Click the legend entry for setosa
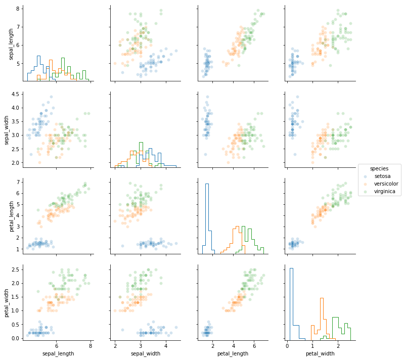coord(382,176)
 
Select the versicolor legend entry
coord(386,184)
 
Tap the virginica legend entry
coord(385,192)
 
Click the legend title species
coord(379,168)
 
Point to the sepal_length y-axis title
coord(11,44)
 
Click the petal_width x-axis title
coord(320,353)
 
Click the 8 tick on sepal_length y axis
coord(17,9)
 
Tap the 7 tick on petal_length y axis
coord(17,182)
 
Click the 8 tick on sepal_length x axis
coord(91,346)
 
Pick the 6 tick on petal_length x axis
coord(254,346)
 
